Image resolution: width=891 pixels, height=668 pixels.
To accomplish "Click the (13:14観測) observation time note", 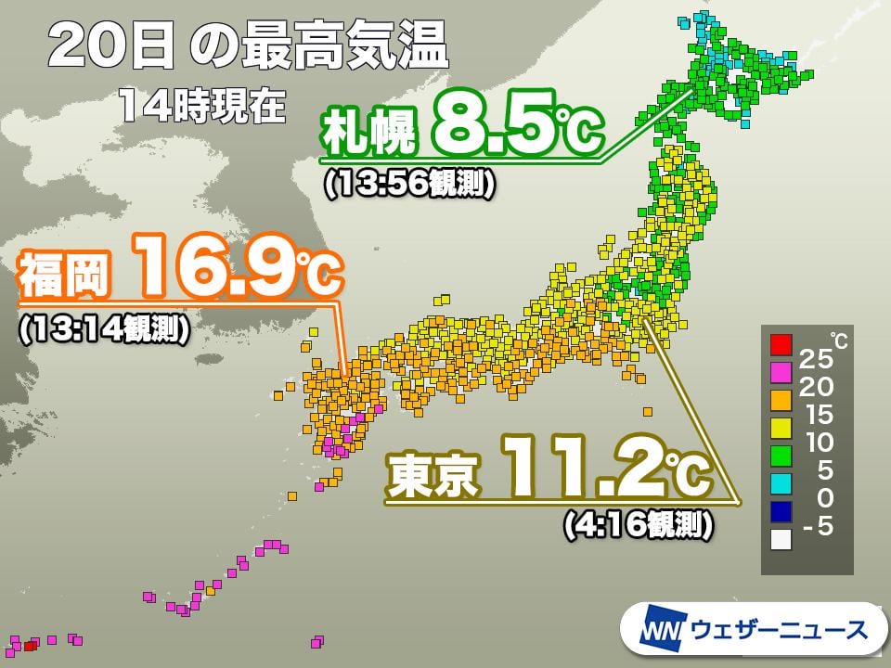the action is click(x=104, y=329).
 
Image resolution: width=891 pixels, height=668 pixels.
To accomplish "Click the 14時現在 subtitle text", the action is click(x=200, y=106).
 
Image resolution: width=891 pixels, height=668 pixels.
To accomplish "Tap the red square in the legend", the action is click(x=781, y=346).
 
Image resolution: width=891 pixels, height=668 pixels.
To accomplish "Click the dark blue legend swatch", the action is click(x=781, y=511).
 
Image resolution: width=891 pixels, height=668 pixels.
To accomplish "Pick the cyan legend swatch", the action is click(x=781, y=483).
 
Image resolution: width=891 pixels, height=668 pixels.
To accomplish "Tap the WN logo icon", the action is click(x=662, y=630).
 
